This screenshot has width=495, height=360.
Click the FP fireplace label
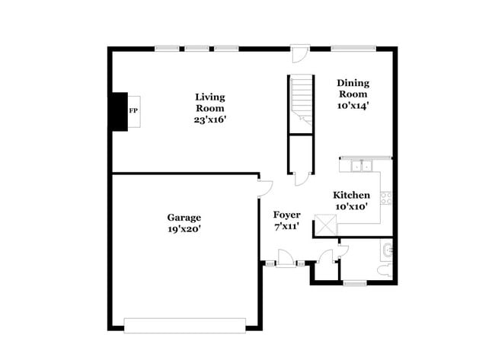[133, 111]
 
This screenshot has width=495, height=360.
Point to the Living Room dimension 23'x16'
[210, 120]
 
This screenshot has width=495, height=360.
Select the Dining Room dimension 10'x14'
[353, 106]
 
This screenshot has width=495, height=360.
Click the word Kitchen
[351, 195]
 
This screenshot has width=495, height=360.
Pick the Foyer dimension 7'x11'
[286, 226]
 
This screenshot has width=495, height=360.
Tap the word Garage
[184, 218]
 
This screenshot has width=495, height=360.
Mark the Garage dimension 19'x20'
[184, 229]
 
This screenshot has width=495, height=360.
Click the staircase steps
[301, 100]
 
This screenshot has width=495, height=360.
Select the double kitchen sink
[362, 166]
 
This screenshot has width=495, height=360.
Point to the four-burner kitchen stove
[386, 198]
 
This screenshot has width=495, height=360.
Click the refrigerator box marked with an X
[325, 225]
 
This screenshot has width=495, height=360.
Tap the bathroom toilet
[385, 271]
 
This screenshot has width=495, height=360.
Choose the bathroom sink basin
[387, 250]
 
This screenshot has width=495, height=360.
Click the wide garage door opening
[185, 326]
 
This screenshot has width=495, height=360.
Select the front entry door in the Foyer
[286, 259]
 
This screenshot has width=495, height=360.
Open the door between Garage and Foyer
[265, 190]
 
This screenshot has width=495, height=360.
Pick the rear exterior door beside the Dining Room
[300, 53]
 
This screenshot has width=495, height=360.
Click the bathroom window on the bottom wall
[355, 284]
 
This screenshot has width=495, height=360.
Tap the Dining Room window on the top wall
[353, 49]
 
